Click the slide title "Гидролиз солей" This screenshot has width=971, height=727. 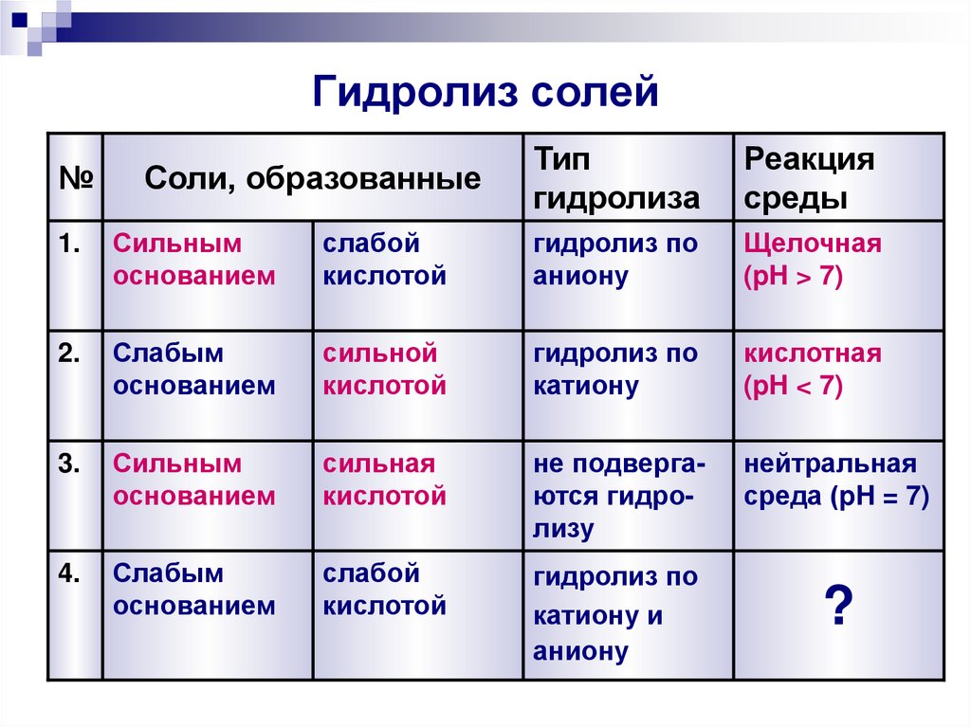[x=485, y=93]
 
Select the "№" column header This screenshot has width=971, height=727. [x=74, y=177]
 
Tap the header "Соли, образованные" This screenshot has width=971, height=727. [x=312, y=178]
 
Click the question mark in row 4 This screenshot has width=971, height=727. [x=837, y=607]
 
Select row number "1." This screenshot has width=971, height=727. [x=71, y=245]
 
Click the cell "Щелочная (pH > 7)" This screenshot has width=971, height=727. [x=813, y=261]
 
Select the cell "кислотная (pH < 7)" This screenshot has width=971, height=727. [x=813, y=371]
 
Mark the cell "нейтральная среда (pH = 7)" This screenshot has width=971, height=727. [x=835, y=481]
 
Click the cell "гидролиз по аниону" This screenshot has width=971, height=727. [x=615, y=261]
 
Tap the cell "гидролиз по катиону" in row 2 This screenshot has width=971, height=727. [x=615, y=371]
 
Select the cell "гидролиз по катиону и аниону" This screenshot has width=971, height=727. [x=615, y=614]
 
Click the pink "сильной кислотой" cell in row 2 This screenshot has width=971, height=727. [x=384, y=371]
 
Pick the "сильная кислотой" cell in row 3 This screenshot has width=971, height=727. [x=384, y=481]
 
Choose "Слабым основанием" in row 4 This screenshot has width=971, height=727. [x=194, y=591]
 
